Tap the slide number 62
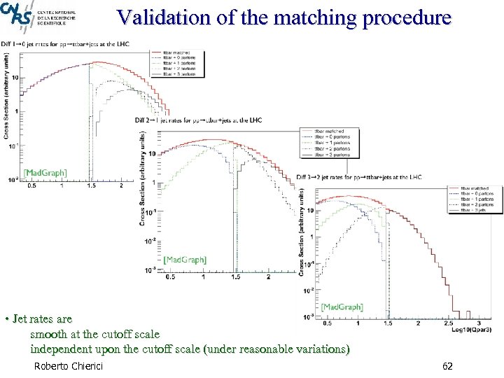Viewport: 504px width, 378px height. coord(449,366)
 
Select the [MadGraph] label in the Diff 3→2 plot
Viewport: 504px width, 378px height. coord(342,307)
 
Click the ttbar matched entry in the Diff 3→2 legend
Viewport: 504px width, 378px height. coord(476,188)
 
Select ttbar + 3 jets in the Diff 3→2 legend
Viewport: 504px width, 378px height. coord(475,210)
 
